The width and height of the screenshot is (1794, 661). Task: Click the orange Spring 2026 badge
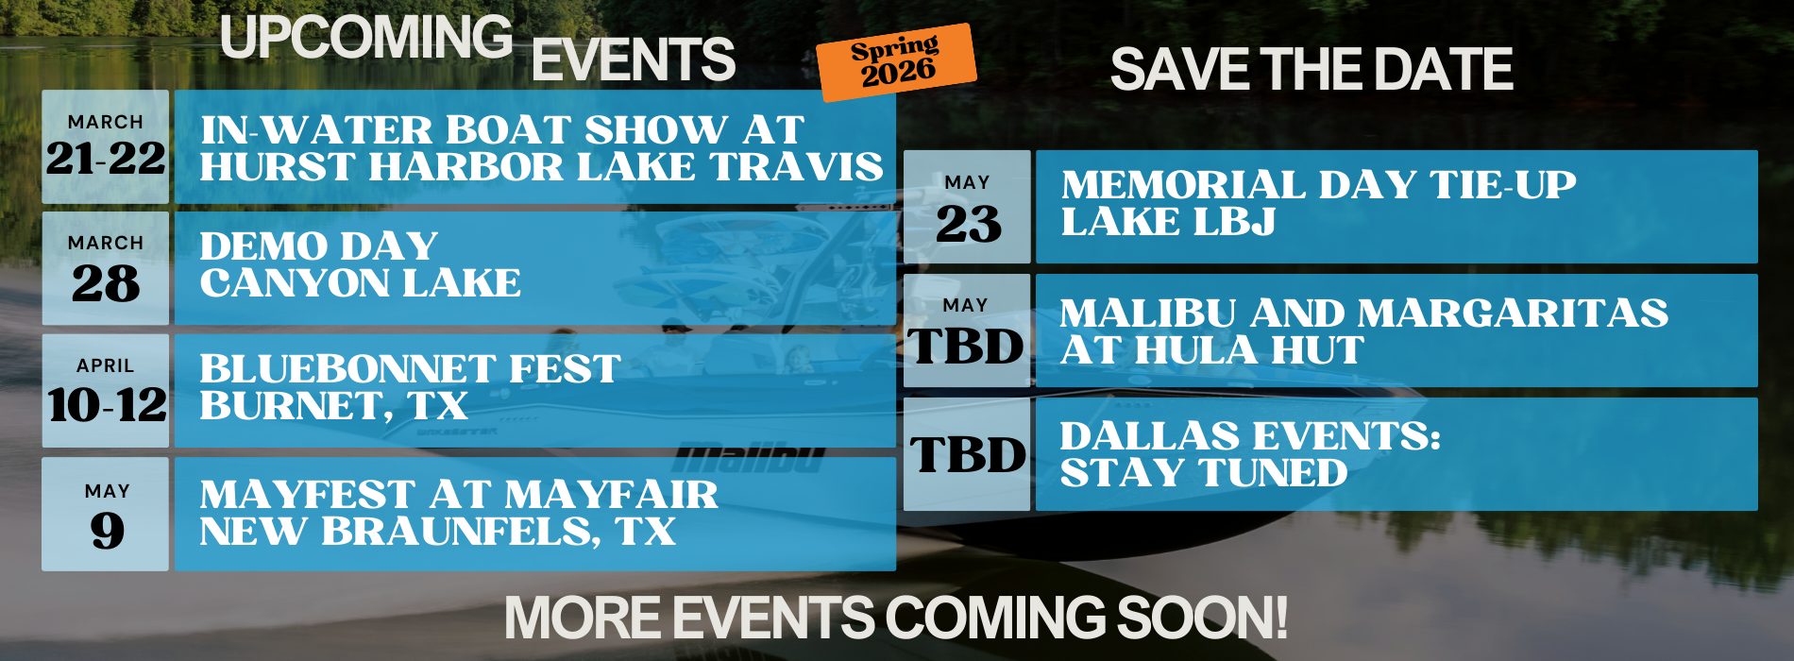(x=896, y=61)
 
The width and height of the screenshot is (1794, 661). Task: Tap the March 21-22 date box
(x=106, y=146)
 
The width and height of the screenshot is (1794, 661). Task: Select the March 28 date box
(x=106, y=268)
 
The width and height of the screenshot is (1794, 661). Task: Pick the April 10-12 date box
(x=106, y=391)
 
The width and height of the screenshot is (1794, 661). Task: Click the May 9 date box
(x=106, y=514)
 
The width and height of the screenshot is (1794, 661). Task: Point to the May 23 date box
(x=967, y=207)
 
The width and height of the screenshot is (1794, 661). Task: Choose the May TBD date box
(x=967, y=330)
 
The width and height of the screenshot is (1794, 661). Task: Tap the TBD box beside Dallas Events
(x=967, y=454)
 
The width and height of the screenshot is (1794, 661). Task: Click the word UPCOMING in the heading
(x=366, y=38)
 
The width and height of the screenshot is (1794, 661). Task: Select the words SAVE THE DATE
(x=1312, y=70)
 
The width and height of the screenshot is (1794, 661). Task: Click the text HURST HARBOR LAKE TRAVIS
(x=541, y=167)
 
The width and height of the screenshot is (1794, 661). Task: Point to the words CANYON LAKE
(x=360, y=283)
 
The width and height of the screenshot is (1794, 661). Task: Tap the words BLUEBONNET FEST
(x=410, y=368)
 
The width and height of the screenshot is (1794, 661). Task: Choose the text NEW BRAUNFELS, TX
(x=437, y=532)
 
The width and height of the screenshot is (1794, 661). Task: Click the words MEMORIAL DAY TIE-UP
(x=1318, y=185)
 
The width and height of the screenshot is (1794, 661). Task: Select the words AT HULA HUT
(x=1211, y=350)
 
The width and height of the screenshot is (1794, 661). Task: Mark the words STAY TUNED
(x=1203, y=473)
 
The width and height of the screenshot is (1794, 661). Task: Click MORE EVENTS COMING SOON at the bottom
(x=896, y=618)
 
